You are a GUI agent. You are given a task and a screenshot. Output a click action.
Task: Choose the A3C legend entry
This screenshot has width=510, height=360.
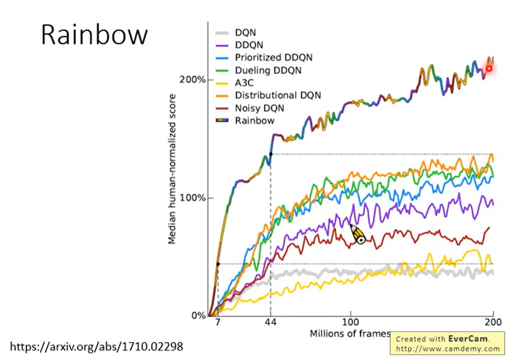coord(244,83)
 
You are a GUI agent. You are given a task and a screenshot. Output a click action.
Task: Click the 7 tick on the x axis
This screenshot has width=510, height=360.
coord(218,322)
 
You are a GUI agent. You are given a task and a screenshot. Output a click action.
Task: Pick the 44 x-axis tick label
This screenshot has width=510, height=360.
coord(270,322)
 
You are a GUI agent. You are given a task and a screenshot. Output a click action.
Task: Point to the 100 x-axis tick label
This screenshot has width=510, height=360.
coord(350,322)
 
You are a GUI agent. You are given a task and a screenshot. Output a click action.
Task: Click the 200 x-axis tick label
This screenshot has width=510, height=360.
coord(492,322)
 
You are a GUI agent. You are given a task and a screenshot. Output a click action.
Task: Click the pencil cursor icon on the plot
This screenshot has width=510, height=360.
coord(359,235)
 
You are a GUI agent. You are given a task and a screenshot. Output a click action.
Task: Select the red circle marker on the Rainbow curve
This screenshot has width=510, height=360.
coord(489,69)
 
